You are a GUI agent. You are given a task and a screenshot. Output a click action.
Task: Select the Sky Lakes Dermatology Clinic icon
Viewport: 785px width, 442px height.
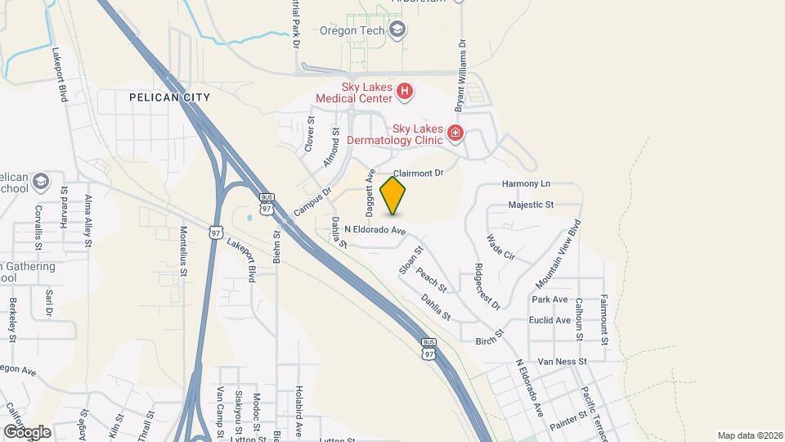pos(455,133)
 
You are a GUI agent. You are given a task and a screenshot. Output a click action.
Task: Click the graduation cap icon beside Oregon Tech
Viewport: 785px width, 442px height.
pos(397,31)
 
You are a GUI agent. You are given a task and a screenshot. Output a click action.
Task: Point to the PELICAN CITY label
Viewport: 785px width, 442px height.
pos(169,97)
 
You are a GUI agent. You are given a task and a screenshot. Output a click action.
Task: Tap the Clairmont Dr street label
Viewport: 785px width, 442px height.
pos(417,174)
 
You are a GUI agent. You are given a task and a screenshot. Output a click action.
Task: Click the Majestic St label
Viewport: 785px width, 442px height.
pos(531,204)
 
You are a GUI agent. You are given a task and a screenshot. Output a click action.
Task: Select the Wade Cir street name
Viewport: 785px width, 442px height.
pos(500,247)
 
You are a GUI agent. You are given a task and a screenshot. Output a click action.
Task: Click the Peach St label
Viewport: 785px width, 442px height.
pos(431,280)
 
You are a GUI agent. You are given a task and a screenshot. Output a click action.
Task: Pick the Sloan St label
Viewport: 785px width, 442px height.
pos(410,259)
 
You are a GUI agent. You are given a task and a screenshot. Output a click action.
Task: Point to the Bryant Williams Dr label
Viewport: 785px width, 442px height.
pos(460,75)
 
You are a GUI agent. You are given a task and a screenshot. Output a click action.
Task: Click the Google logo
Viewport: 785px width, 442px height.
pos(27,431)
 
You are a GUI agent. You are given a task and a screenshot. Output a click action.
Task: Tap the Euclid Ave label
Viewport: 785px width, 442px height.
pos(549,320)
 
